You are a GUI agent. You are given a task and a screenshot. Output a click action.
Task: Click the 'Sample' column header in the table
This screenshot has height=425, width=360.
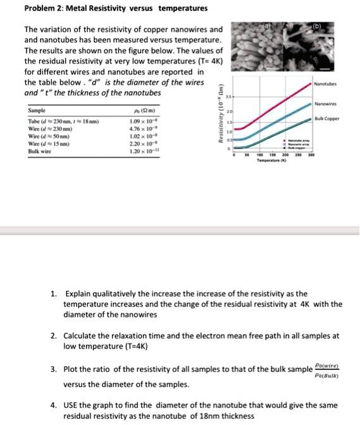(x=37, y=110)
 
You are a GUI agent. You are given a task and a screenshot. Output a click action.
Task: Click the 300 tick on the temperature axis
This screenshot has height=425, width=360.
(x=313, y=154)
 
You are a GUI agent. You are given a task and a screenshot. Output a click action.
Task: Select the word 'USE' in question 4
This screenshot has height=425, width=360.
(x=75, y=405)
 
